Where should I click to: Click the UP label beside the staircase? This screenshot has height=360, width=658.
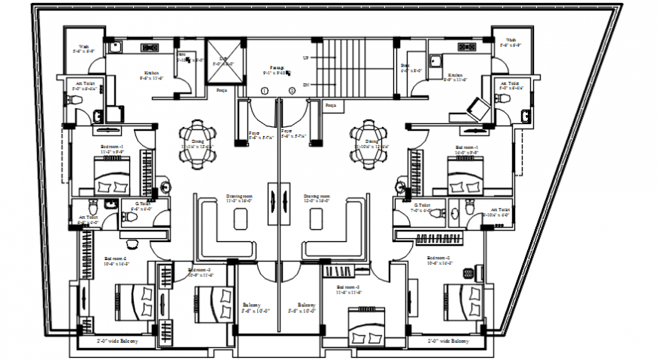coord(305,57)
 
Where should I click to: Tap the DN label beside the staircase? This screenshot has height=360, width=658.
coord(305,84)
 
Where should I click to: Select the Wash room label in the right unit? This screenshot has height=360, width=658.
coord(511,42)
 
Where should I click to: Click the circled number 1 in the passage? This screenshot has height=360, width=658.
coord(264,91)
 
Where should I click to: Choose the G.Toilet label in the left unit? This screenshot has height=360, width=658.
coord(141,204)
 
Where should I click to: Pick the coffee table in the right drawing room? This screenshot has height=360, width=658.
coord(317,218)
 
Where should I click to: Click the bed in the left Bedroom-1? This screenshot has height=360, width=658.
coord(113,183)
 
